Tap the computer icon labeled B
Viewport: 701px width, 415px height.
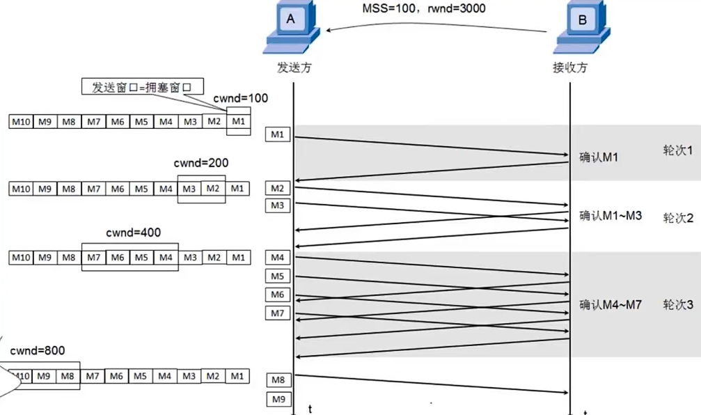coord(580,28)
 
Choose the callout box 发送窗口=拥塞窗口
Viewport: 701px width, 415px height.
coord(141,87)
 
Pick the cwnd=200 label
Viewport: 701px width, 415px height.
coord(201,163)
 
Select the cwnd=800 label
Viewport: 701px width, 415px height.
coord(38,350)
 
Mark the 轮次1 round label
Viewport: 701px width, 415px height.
coord(677,150)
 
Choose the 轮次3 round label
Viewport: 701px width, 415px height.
coord(677,305)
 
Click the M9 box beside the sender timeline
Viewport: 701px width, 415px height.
coord(278,400)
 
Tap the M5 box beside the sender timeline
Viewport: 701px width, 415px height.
coord(278,276)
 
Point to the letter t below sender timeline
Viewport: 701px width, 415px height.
coord(310,408)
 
